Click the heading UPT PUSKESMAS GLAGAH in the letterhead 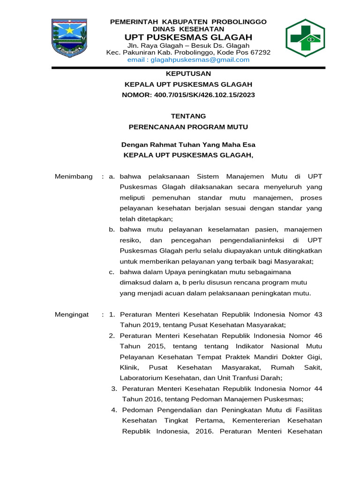tap(188, 37)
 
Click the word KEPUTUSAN tap(188, 74)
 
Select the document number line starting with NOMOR tap(188, 95)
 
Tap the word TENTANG tap(188, 116)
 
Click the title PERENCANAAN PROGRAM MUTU tap(188, 127)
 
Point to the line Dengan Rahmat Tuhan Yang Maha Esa tap(188, 144)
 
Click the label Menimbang tap(74, 176)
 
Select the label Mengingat tap(72, 315)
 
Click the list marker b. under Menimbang tap(112, 230)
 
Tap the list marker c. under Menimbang tap(112, 272)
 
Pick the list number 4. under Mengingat tap(114, 410)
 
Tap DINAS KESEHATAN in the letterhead tap(188, 29)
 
